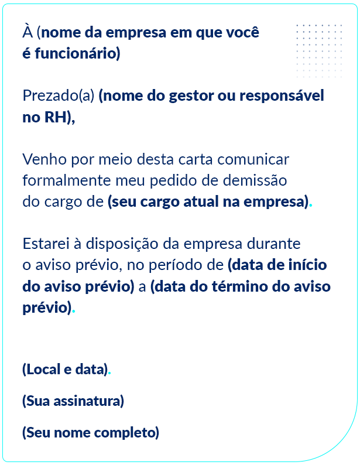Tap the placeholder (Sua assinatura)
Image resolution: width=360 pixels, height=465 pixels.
pyautogui.click(x=73, y=401)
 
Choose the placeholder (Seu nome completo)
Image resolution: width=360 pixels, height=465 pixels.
pyautogui.click(x=91, y=433)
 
